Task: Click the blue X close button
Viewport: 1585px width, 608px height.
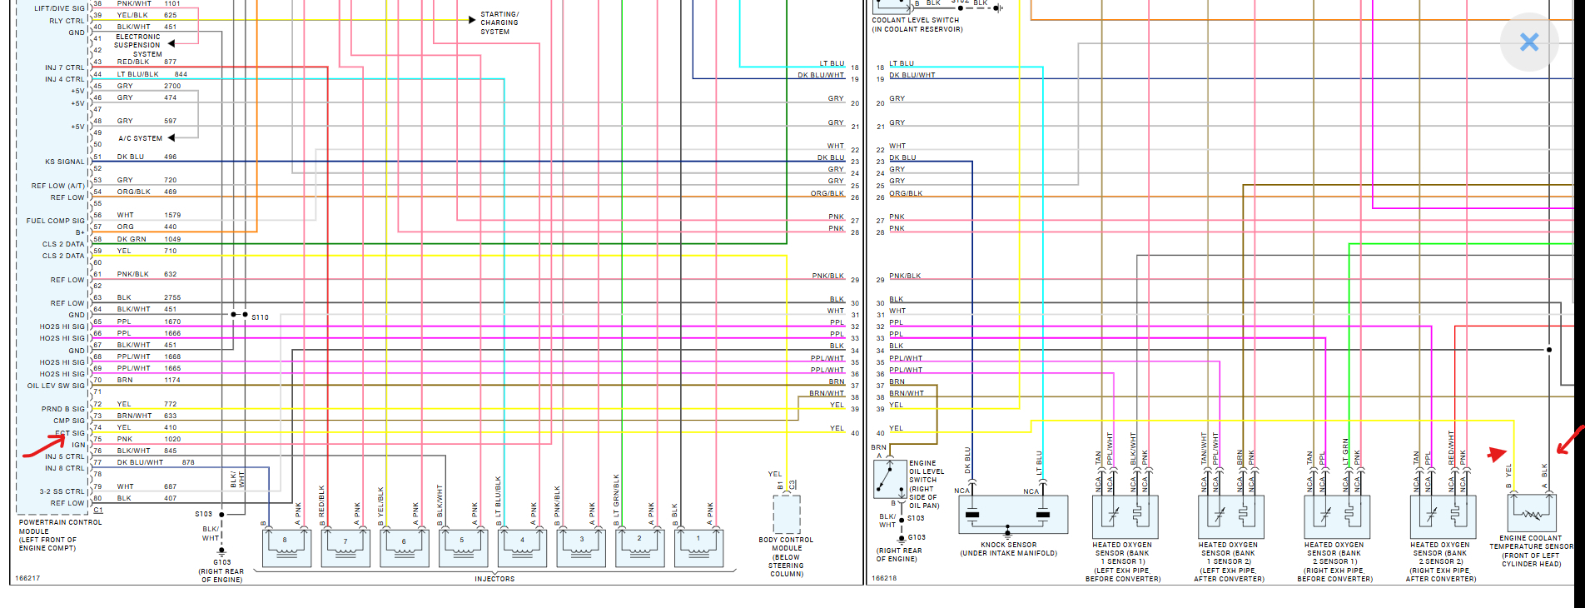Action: pyautogui.click(x=1528, y=42)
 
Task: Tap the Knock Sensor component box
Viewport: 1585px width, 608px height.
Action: pyautogui.click(x=1007, y=515)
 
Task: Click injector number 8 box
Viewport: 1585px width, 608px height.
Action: pyautogui.click(x=286, y=548)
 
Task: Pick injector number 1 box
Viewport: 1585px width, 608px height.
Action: pyautogui.click(x=698, y=548)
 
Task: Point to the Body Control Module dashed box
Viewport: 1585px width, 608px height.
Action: pyautogui.click(x=787, y=514)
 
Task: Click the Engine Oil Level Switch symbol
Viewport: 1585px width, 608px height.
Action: pyautogui.click(x=890, y=479)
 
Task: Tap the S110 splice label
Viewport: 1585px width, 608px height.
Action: pyautogui.click(x=260, y=317)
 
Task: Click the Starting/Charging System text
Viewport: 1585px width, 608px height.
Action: pyautogui.click(x=499, y=23)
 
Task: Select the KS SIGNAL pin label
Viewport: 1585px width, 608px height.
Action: pyautogui.click(x=65, y=162)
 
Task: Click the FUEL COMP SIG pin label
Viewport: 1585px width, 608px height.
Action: pyautogui.click(x=55, y=221)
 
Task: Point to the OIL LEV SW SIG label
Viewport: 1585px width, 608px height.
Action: pyautogui.click(x=56, y=386)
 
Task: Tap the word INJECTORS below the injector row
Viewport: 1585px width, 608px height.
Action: pyautogui.click(x=494, y=579)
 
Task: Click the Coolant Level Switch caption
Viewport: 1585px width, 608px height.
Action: pyautogui.click(x=917, y=25)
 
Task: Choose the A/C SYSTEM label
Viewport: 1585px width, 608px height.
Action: pyautogui.click(x=140, y=138)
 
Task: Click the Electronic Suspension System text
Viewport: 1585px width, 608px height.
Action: pyautogui.click(x=138, y=45)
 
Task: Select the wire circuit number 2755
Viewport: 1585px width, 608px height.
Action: pyautogui.click(x=172, y=297)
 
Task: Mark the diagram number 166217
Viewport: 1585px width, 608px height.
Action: pyautogui.click(x=27, y=578)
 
